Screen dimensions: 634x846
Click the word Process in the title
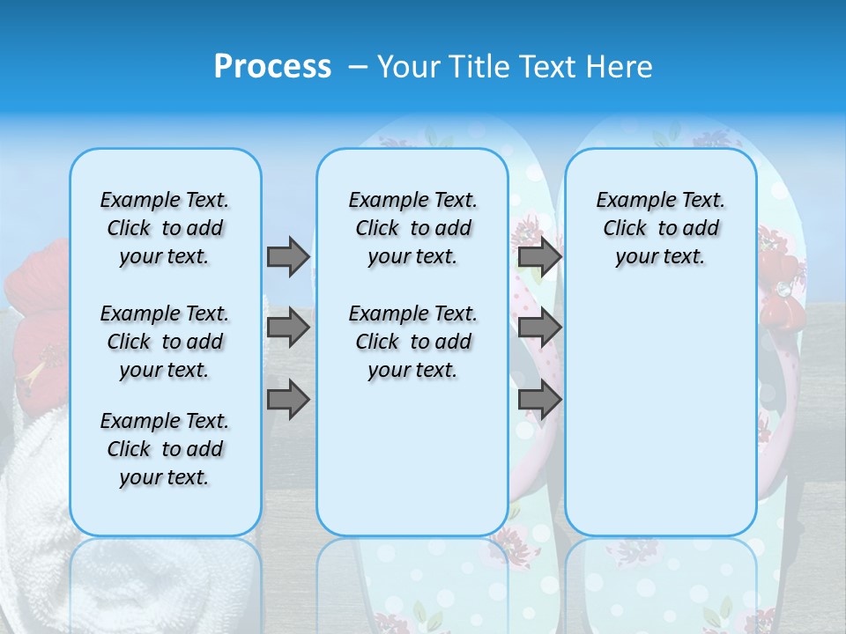click(x=272, y=67)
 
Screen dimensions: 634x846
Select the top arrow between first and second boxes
click(x=288, y=256)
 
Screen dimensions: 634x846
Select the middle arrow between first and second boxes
click(x=288, y=328)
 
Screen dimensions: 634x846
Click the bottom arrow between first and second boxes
click(x=288, y=400)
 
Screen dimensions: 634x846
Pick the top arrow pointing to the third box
click(x=539, y=256)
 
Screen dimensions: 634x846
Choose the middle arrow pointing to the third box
click(x=539, y=328)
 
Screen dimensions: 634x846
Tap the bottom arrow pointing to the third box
click(x=539, y=400)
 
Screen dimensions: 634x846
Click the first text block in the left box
click(x=165, y=228)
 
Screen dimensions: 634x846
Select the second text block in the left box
click(x=165, y=342)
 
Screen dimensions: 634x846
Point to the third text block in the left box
click(x=165, y=449)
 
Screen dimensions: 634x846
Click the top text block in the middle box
click(x=412, y=228)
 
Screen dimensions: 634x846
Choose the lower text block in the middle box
click(x=412, y=342)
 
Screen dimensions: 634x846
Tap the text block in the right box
click(x=660, y=228)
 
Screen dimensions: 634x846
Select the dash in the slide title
click(x=358, y=67)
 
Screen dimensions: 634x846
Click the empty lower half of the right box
click(x=660, y=423)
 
